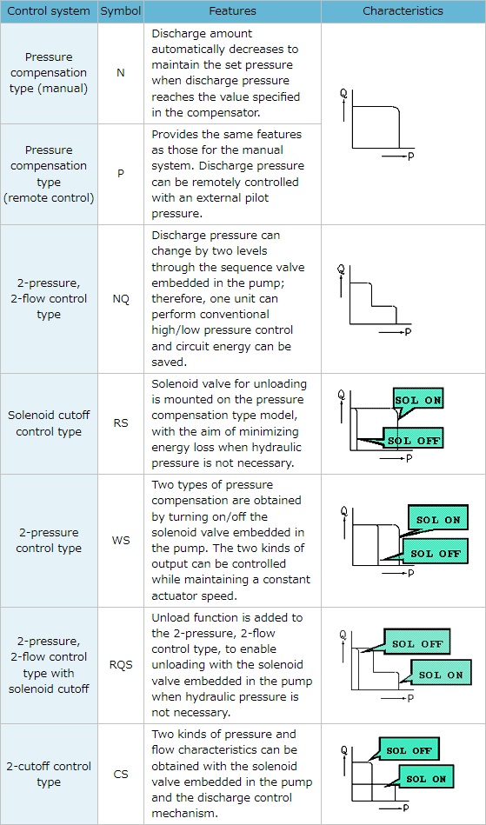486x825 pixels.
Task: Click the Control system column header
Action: point(49,11)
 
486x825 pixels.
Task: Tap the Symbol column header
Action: point(121,11)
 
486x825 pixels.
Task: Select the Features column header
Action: point(232,11)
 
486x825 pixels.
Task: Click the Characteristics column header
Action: point(403,11)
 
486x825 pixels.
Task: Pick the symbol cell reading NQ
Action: point(121,299)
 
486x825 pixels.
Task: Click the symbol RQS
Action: point(121,665)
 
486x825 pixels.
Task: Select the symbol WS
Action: point(121,541)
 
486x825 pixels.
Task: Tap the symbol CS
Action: point(121,774)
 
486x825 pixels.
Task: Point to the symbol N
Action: point(121,73)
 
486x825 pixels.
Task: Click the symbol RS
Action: point(121,423)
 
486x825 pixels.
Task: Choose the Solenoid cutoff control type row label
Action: point(49,423)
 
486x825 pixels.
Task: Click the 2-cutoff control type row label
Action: point(49,775)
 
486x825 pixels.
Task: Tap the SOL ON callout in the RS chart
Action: point(418,401)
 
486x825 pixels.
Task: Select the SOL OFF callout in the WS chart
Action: point(435,554)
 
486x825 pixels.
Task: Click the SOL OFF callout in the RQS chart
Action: point(417,644)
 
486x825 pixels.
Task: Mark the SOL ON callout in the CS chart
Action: point(425,779)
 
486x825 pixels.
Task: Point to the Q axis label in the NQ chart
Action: point(341,269)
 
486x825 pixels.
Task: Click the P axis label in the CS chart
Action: point(404,807)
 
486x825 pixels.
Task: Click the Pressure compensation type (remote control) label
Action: point(49,174)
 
